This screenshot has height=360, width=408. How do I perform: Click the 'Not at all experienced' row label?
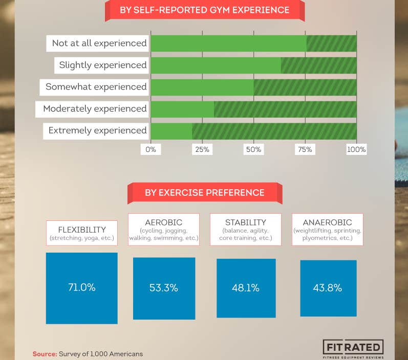click(x=99, y=43)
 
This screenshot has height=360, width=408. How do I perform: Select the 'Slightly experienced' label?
click(x=102, y=65)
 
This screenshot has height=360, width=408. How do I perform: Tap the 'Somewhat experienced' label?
click(x=96, y=87)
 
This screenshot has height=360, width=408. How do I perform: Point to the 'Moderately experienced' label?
click(x=94, y=108)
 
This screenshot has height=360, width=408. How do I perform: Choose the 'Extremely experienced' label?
click(x=97, y=130)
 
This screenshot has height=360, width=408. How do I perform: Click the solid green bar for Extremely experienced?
click(x=171, y=130)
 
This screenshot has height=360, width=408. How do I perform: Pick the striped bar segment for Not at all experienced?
click(x=331, y=43)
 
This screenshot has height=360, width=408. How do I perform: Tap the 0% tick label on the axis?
click(x=151, y=149)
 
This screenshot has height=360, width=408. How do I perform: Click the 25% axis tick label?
click(x=202, y=149)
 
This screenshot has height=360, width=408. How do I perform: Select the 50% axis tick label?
click(x=253, y=149)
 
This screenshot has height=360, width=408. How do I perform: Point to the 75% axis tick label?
click(x=305, y=149)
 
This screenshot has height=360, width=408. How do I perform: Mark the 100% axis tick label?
click(x=356, y=149)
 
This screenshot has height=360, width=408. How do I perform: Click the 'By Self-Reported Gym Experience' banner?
click(x=204, y=10)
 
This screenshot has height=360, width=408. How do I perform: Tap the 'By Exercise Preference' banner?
click(x=204, y=193)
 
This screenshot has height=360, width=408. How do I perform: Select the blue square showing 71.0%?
click(x=82, y=287)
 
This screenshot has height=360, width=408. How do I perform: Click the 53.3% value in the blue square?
click(x=164, y=288)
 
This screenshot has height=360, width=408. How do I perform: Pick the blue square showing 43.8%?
click(x=328, y=288)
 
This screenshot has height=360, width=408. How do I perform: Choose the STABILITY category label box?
click(x=246, y=230)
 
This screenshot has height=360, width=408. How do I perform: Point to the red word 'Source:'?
click(x=45, y=354)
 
